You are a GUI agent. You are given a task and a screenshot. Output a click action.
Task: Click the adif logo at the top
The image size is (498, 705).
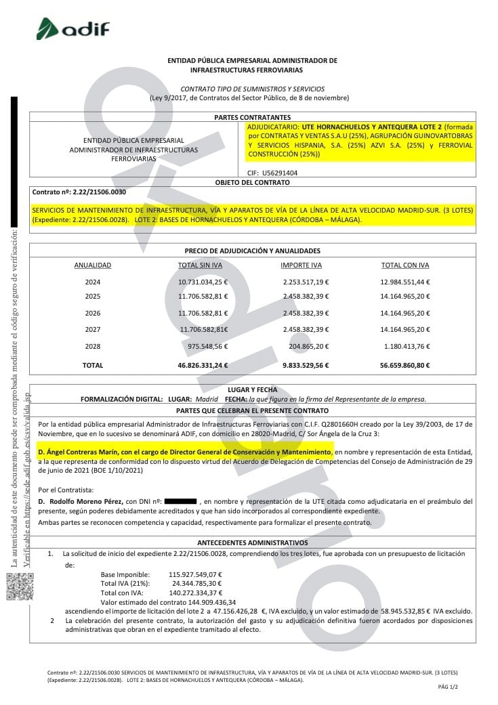[x=72, y=29]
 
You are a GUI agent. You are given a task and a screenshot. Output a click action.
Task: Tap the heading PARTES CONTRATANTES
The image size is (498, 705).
[x=252, y=117]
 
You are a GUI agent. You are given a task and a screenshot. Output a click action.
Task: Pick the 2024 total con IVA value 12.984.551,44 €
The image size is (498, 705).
[x=405, y=282]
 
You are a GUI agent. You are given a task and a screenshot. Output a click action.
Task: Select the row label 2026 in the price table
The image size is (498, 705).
[x=93, y=313]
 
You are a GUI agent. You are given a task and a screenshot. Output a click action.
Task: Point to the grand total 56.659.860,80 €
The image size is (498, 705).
[x=405, y=365]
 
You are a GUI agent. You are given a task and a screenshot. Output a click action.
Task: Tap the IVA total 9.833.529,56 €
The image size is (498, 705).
[x=305, y=365]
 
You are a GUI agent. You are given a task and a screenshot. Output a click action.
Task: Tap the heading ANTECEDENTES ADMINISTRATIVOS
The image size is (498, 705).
[x=252, y=542]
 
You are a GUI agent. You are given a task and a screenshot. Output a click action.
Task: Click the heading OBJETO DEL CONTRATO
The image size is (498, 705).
[x=252, y=182]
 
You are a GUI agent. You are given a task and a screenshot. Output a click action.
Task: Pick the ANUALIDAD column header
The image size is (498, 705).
[x=93, y=265]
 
